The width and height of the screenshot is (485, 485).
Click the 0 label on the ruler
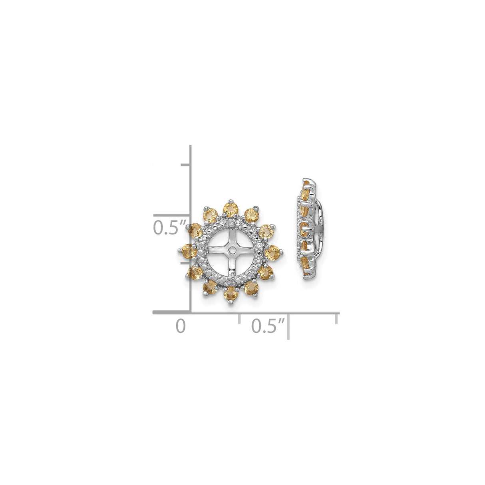pyautogui.click(x=181, y=326)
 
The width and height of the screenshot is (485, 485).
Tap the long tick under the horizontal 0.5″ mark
pyautogui.click(x=289, y=327)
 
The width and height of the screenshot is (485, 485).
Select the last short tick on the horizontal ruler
pyautogui.click(x=338, y=318)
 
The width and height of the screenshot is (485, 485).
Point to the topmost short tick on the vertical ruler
pyautogui.click(x=185, y=165)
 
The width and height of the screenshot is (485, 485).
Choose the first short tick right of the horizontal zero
pyautogui.click(x=239, y=318)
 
